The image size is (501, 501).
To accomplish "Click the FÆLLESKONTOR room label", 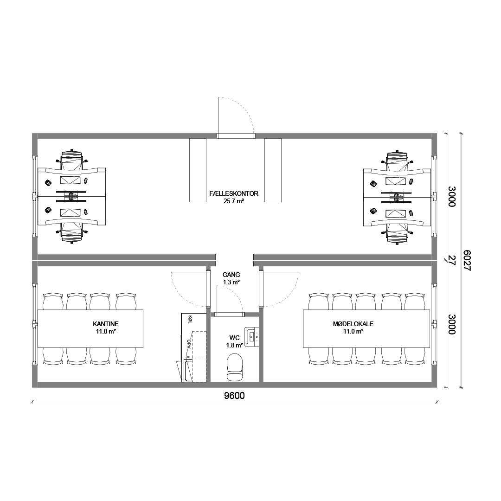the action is pyautogui.click(x=233, y=193).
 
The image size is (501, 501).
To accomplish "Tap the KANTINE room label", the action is pyautogui.click(x=106, y=324).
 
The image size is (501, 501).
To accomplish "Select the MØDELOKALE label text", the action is pyautogui.click(x=353, y=324).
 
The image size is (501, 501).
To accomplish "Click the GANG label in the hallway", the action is pyautogui.click(x=231, y=275).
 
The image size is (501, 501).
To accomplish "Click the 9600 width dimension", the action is pyautogui.click(x=235, y=396).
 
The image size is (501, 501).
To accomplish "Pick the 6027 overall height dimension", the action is pyautogui.click(x=467, y=260).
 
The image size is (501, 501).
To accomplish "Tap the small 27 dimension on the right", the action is pyautogui.click(x=451, y=260).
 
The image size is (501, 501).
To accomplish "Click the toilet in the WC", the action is pyautogui.click(x=235, y=367).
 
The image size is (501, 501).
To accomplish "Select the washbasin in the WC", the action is pyautogui.click(x=252, y=335).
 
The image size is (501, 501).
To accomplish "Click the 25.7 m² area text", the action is pyautogui.click(x=234, y=201).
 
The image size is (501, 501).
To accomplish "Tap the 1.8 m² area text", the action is pyautogui.click(x=235, y=346).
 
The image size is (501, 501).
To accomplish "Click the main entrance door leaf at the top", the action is pyautogui.click(x=218, y=115).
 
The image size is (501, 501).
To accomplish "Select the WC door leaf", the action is pyautogui.click(x=217, y=299).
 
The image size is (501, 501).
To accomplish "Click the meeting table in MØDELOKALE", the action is pyautogui.click(x=366, y=328).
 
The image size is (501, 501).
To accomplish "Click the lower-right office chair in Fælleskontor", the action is pyautogui.click(x=397, y=232).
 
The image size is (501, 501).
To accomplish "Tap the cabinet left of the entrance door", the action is pyautogui.click(x=198, y=170).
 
